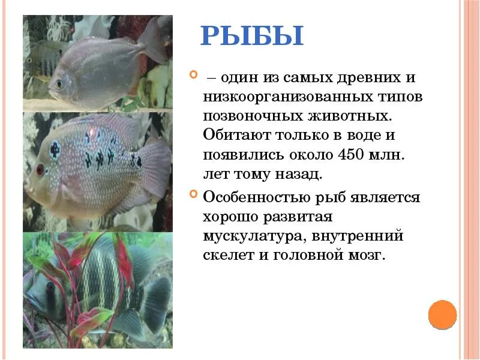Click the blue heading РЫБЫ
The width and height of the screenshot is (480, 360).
click(252, 36)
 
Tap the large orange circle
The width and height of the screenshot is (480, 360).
click(442, 314)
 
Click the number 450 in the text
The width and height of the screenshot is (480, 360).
click(350, 155)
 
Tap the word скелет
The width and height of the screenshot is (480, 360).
click(229, 255)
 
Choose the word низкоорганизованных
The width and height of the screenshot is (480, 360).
click(288, 97)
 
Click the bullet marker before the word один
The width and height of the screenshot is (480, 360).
click(193, 74)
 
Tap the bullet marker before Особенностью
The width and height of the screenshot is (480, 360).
click(193, 194)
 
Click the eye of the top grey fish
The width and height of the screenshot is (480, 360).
click(59, 83)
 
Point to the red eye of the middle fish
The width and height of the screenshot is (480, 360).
click(40, 169)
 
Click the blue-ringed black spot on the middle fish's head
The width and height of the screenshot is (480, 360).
click(55, 150)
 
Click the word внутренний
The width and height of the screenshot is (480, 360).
click(357, 236)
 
